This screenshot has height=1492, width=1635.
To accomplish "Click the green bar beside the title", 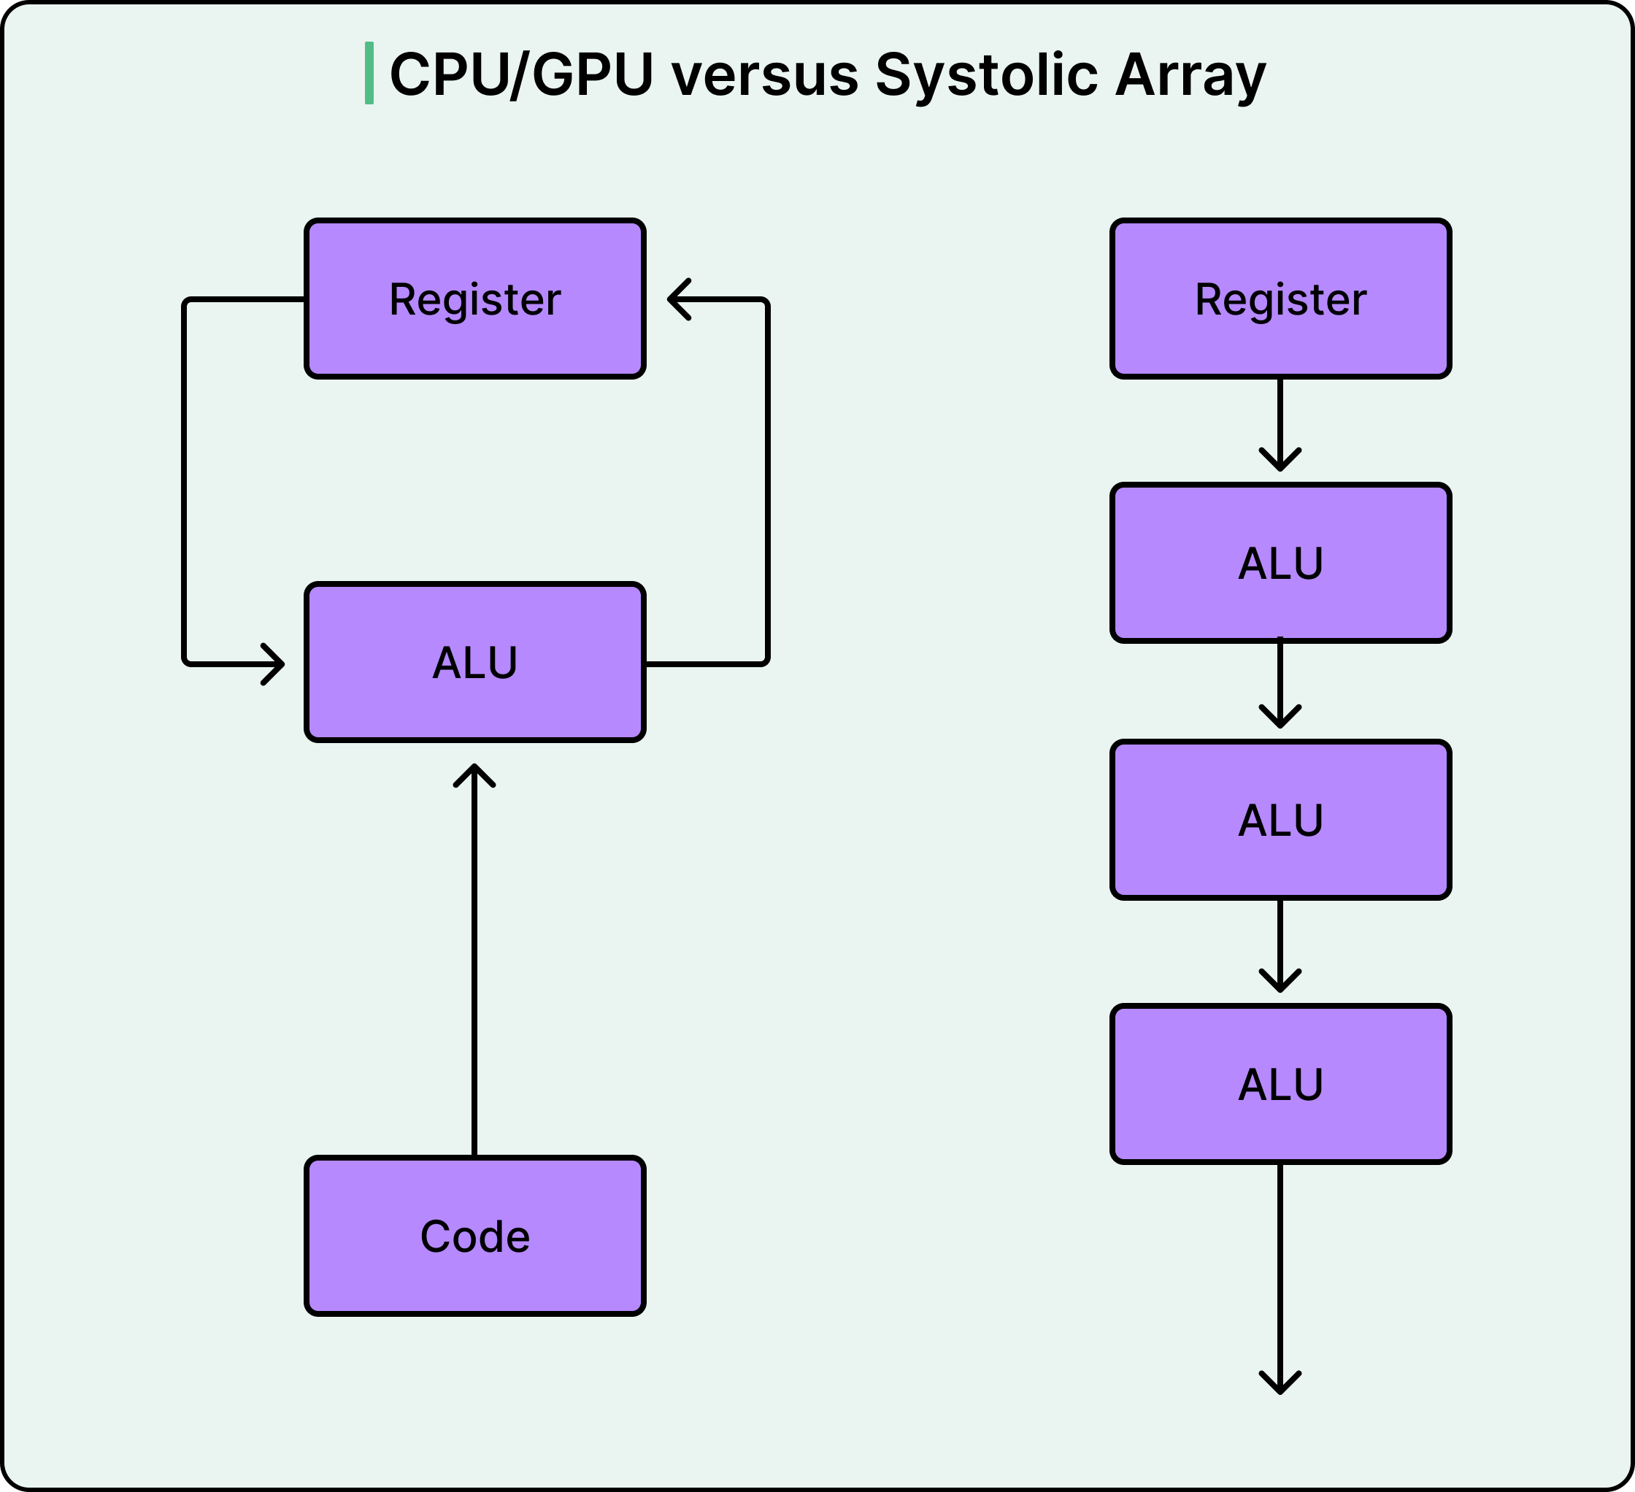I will tap(369, 73).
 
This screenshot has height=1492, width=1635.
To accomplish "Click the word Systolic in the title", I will tap(985, 74).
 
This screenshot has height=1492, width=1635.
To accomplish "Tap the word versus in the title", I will tap(765, 74).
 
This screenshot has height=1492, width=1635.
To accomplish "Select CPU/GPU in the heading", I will tap(521, 74).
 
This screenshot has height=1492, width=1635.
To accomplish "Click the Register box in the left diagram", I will tap(474, 299).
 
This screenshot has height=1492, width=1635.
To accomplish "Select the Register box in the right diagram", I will tap(1280, 299).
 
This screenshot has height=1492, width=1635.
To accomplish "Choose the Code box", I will tap(474, 1236).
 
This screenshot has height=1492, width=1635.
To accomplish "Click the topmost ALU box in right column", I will tap(1280, 563).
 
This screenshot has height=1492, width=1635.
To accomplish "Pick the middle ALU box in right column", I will tap(1280, 820).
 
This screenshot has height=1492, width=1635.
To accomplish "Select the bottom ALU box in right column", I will tap(1280, 1084).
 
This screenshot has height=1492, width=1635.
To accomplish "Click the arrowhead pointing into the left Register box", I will tap(677, 299).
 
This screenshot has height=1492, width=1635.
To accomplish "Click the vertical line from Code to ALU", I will tap(474, 973).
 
